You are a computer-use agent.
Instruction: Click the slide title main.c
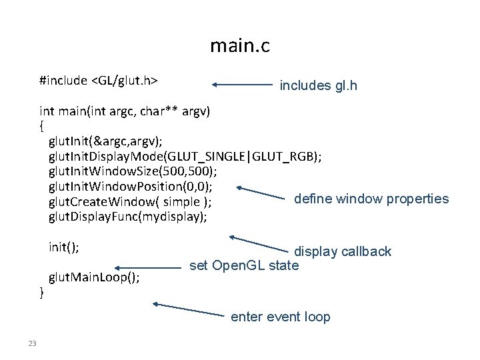click(x=240, y=45)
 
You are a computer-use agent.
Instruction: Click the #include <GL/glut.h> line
click(x=99, y=81)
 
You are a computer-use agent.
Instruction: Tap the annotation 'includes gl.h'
click(x=319, y=86)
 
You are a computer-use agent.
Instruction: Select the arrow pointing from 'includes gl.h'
click(x=242, y=85)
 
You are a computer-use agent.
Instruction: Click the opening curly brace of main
click(x=41, y=126)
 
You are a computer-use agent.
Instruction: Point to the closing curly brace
click(x=41, y=293)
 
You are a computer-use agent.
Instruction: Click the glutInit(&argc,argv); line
click(x=105, y=141)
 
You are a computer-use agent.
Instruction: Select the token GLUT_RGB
click(x=284, y=157)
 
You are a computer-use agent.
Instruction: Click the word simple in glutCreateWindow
click(x=181, y=202)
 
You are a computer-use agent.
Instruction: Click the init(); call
click(x=64, y=247)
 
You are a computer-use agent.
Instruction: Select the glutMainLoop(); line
click(x=94, y=277)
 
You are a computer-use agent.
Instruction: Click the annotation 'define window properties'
click(x=371, y=199)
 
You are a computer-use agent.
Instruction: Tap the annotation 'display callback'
click(x=343, y=251)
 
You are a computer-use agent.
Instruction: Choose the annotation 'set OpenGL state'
click(x=244, y=265)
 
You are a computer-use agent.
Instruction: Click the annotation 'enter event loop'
click(x=281, y=317)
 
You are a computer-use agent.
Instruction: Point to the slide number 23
click(x=32, y=343)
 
